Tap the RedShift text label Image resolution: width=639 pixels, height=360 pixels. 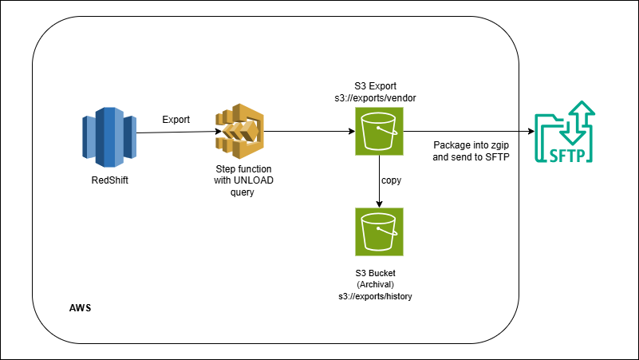pos(109,180)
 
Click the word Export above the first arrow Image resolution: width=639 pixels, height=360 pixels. pos(176,120)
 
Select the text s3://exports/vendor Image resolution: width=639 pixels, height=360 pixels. pos(378,97)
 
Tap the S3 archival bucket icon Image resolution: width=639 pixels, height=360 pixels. pos(378,232)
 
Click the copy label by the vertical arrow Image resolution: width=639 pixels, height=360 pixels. pos(391,180)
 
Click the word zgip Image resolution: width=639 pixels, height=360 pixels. pos(499,145)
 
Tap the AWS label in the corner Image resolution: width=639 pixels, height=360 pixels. pos(77,307)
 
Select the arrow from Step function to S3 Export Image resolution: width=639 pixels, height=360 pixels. pos(307,132)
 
